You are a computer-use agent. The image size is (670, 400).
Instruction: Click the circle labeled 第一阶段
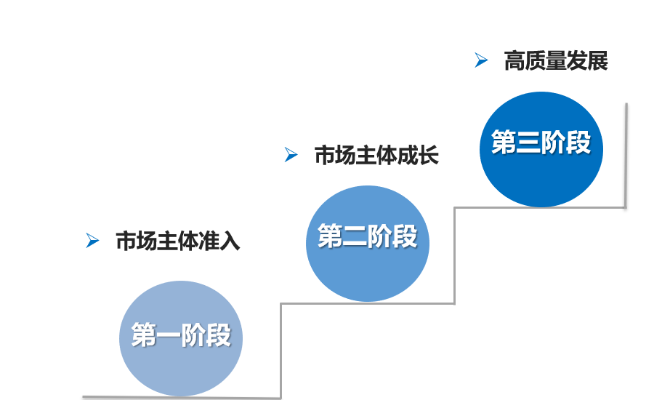pos(180,338)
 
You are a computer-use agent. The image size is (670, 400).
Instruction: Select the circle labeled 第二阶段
pos(368,244)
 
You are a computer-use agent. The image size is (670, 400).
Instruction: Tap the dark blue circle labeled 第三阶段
pos(541,149)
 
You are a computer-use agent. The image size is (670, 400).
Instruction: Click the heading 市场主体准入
pos(178,241)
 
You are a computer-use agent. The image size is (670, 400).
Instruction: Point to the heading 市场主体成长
pos(376,155)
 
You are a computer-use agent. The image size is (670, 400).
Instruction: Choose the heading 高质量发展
pos(556,61)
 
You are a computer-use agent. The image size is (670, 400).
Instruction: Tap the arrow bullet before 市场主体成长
pos(291,154)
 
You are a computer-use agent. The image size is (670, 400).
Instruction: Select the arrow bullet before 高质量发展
pos(481,60)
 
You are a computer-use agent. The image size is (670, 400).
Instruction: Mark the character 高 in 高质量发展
pos(514,61)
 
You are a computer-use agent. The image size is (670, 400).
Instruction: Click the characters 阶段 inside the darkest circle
pos(567,143)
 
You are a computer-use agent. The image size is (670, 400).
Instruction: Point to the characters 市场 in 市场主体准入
pos(137,241)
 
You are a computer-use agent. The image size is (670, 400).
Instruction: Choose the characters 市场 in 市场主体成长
pos(335,155)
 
